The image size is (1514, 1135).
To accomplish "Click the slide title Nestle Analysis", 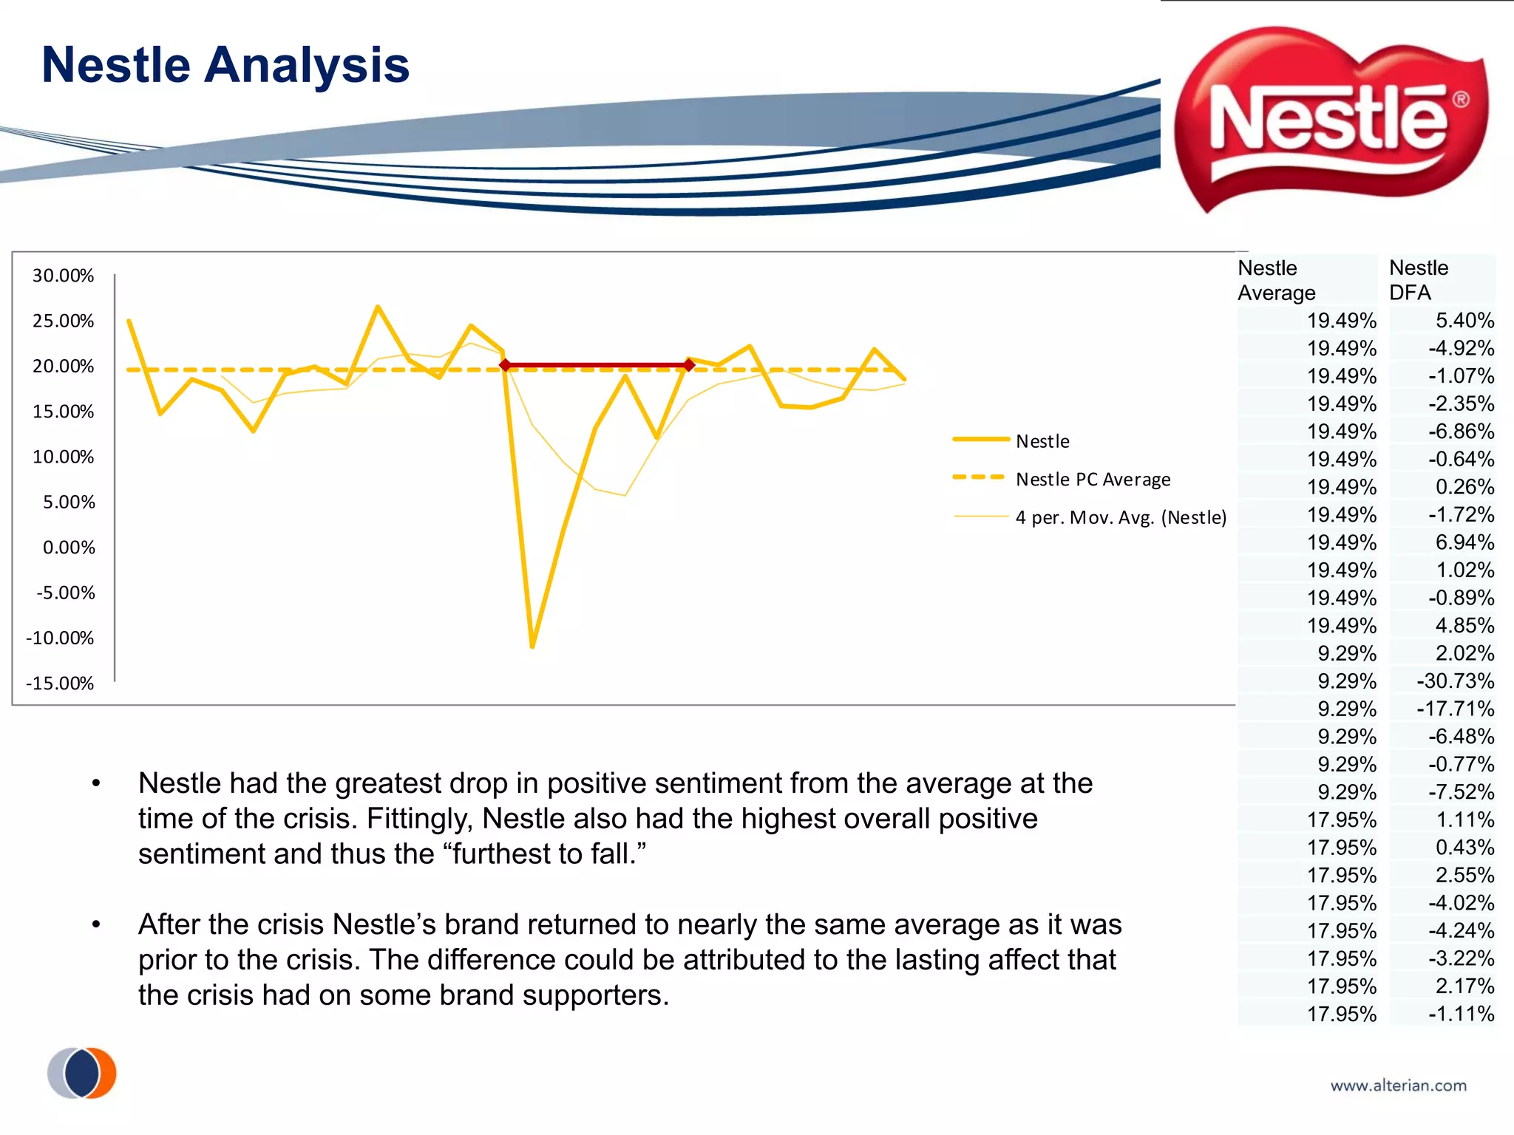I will tap(225, 65).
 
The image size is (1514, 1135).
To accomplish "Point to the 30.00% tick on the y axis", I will tap(63, 276).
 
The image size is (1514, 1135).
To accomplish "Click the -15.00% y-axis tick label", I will tap(60, 684).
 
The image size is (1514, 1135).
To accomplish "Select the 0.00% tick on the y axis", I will tap(69, 548).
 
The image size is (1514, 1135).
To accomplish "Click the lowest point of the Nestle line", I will tap(532, 647).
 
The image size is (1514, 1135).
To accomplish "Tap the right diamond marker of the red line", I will tap(689, 365).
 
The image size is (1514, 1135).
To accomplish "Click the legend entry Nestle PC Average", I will tap(1093, 480).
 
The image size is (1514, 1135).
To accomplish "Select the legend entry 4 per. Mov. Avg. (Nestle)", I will tap(1120, 517).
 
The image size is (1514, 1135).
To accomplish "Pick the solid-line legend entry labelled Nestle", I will tap(1042, 441).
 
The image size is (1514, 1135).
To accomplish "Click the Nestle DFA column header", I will tap(1418, 279).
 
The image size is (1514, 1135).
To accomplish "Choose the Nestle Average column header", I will tap(1276, 279).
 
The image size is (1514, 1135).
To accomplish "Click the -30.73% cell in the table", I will tap(1455, 681).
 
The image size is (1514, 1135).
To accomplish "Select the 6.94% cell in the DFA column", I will tap(1464, 542).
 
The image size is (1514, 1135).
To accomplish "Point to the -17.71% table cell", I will tap(1455, 709).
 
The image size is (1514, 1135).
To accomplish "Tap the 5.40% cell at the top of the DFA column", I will tap(1464, 321).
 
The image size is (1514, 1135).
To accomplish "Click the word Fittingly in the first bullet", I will tap(418, 819).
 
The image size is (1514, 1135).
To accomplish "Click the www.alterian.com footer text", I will tap(1398, 1085).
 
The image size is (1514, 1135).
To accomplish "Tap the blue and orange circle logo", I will tap(82, 1072).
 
